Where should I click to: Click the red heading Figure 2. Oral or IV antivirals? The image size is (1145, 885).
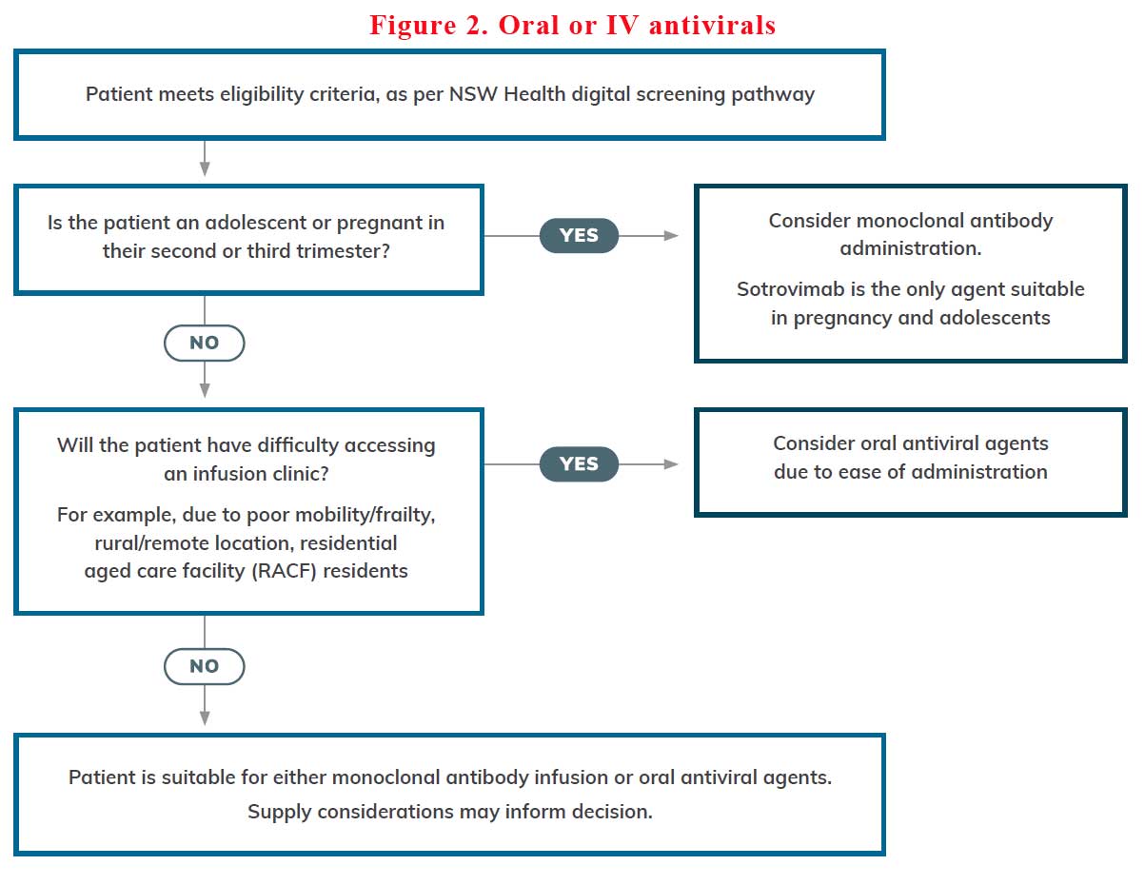pyautogui.click(x=572, y=25)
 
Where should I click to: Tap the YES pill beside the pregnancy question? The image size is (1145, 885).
pyautogui.click(x=579, y=235)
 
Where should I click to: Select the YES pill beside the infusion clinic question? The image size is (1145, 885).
pyautogui.click(x=579, y=464)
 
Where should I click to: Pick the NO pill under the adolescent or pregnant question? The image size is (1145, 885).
pyautogui.click(x=205, y=343)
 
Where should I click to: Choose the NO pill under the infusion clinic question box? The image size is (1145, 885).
pyautogui.click(x=205, y=666)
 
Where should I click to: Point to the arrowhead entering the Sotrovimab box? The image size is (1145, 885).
pyautogui.click(x=672, y=235)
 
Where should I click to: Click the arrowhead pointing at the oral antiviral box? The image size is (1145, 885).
pyautogui.click(x=672, y=464)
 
